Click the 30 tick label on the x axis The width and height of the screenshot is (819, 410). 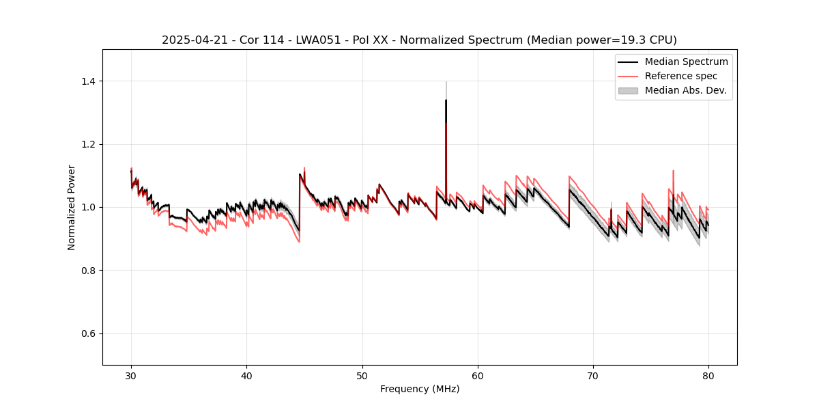pos(131,375)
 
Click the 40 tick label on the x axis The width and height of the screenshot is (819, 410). pos(246,375)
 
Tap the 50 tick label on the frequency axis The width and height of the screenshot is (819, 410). pos(362,375)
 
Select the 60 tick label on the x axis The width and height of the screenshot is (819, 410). pos(478,375)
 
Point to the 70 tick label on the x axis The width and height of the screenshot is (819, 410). pos(593,375)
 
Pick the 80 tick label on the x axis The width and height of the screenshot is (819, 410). pos(708,375)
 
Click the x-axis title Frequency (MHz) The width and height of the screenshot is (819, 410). pos(420,389)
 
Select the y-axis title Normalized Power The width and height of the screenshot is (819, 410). pos(72,207)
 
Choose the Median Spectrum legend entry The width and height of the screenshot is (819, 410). pos(686,61)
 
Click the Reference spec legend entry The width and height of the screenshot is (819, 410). pos(680,76)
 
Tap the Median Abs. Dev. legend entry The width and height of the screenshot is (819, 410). pos(685,90)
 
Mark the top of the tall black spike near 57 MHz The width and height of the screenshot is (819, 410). pos(446,100)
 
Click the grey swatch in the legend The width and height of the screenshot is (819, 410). pos(628,90)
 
